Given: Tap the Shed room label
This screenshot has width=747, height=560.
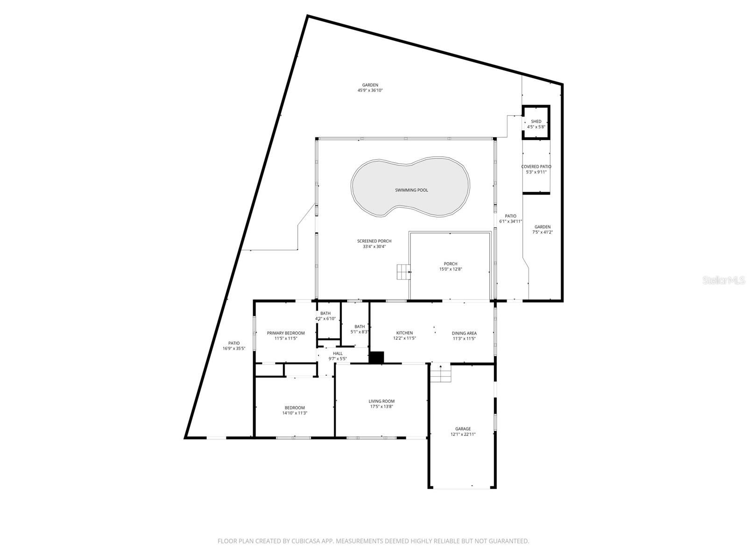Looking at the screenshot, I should coord(536,121).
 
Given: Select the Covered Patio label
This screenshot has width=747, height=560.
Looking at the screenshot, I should coord(536,167).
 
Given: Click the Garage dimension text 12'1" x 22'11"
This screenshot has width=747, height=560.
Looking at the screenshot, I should coord(463,434).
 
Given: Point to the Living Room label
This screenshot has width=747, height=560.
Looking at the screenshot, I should coord(381,401).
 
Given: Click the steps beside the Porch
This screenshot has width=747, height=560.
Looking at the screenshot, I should coord(403,272).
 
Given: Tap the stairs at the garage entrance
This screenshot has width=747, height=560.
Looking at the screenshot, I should coord(441,373).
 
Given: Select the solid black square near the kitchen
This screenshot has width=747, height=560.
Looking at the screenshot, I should coord(376,357).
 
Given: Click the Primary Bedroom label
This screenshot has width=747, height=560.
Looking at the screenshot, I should coord(286,333).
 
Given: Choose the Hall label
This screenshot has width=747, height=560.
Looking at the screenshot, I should coord(338,353).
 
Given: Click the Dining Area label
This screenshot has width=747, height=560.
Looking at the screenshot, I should coord(464,333).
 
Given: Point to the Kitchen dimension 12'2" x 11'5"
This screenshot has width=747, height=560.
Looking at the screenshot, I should coord(404,339).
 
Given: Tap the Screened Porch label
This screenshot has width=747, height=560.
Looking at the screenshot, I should coord(374,241).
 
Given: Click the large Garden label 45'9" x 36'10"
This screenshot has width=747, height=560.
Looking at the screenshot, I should coord(370,85).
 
